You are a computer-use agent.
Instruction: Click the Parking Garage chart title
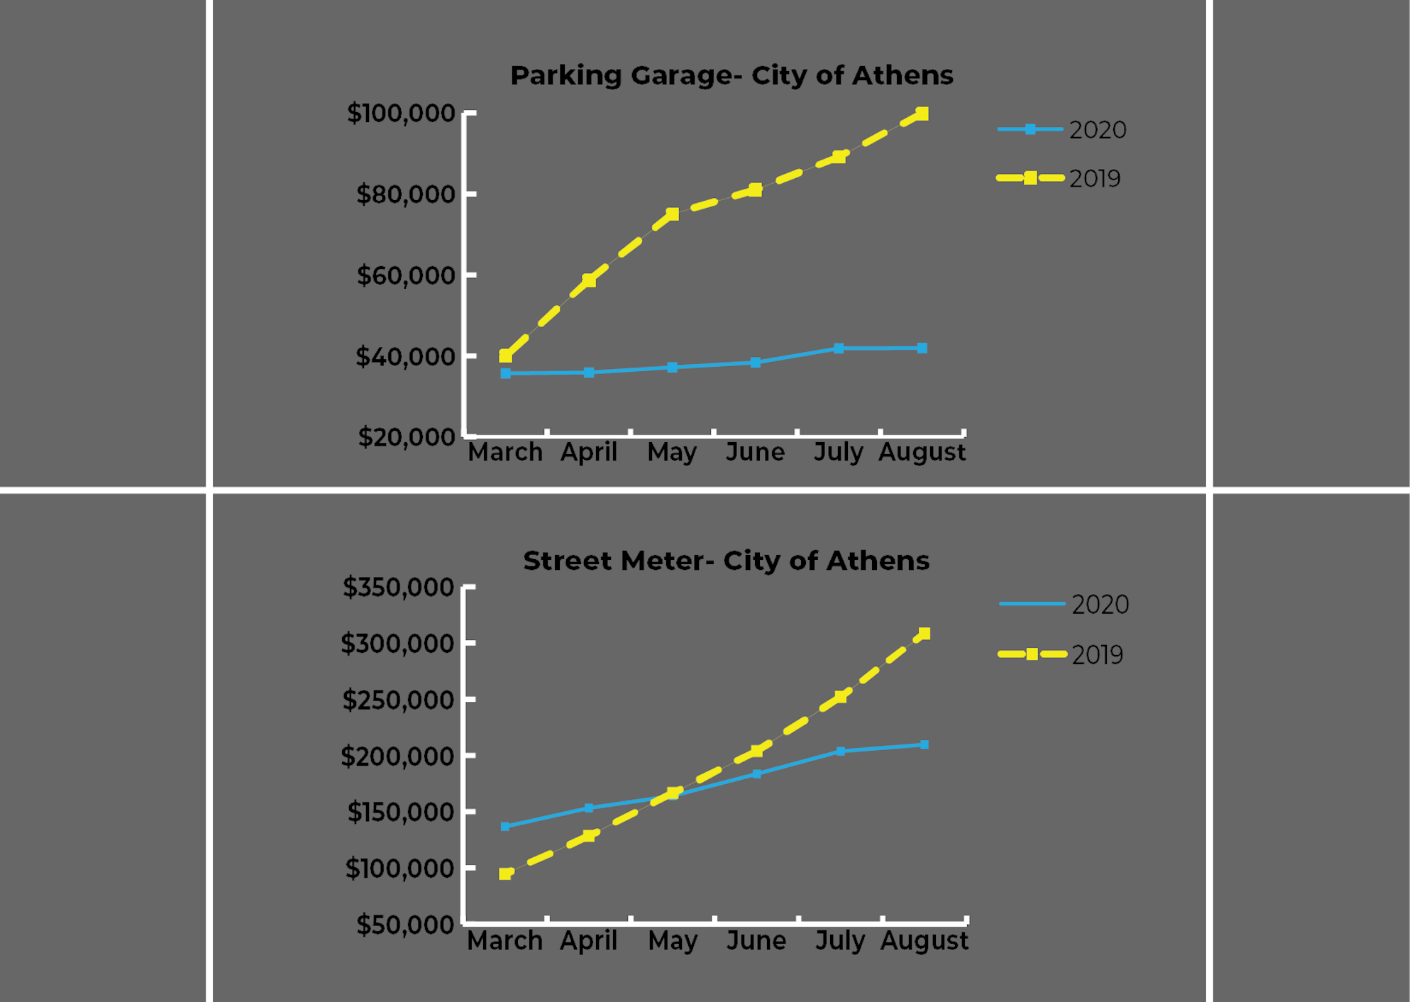[x=731, y=75]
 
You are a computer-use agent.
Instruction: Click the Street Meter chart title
[x=726, y=561]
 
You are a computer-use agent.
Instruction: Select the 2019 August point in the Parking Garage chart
[x=922, y=114]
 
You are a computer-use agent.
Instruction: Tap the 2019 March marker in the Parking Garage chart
[x=505, y=356]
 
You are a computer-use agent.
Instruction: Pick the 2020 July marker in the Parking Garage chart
[x=839, y=348]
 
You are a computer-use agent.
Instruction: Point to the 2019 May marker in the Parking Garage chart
[x=673, y=214]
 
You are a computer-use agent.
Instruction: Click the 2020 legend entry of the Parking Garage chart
[x=1062, y=130]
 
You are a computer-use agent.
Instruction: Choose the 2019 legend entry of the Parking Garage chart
[x=1059, y=178]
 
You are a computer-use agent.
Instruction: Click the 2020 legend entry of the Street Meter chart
[x=1064, y=605]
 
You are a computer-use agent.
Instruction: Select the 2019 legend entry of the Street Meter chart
[x=1061, y=654]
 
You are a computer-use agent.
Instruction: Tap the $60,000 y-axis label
[x=406, y=275]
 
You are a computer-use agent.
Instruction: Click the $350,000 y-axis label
[x=399, y=588]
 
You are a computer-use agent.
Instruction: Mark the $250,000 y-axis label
[x=399, y=700]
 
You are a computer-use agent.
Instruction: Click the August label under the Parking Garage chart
[x=922, y=452]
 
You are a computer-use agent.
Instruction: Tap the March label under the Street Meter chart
[x=504, y=941]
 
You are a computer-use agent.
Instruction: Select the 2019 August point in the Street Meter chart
[x=924, y=634]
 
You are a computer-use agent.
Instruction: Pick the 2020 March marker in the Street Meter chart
[x=505, y=826]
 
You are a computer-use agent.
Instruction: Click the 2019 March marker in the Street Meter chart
[x=505, y=874]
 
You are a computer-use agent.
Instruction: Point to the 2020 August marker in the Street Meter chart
[x=924, y=744]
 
